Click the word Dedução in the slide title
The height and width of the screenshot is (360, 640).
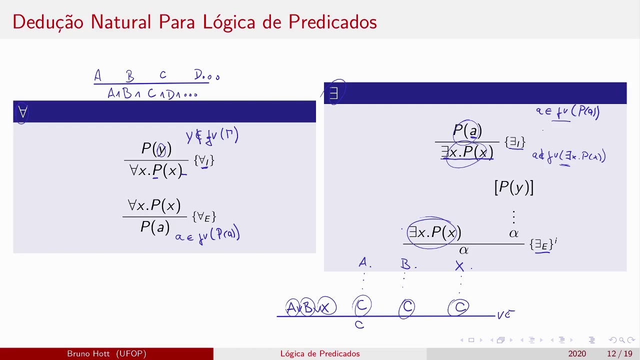[48, 22]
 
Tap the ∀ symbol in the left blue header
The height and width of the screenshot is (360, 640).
[22, 112]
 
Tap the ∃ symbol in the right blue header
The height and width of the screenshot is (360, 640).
[333, 93]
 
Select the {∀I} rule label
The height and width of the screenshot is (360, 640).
[204, 160]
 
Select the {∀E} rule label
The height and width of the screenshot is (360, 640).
[203, 216]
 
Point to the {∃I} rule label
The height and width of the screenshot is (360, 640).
[515, 142]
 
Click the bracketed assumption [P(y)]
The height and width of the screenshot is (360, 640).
[513, 187]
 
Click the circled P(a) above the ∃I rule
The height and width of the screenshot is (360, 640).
[467, 131]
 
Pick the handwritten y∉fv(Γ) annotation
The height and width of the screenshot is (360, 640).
[212, 136]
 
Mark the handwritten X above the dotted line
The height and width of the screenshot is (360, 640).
[459, 266]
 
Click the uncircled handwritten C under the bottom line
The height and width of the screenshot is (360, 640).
[359, 325]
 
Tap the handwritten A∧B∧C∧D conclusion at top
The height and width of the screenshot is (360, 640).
[152, 93]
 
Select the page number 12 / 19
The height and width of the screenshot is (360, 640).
[619, 354]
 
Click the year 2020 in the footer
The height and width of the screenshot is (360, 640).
[576, 354]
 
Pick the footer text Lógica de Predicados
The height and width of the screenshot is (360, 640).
[320, 354]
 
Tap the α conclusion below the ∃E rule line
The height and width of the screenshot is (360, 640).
[463, 250]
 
